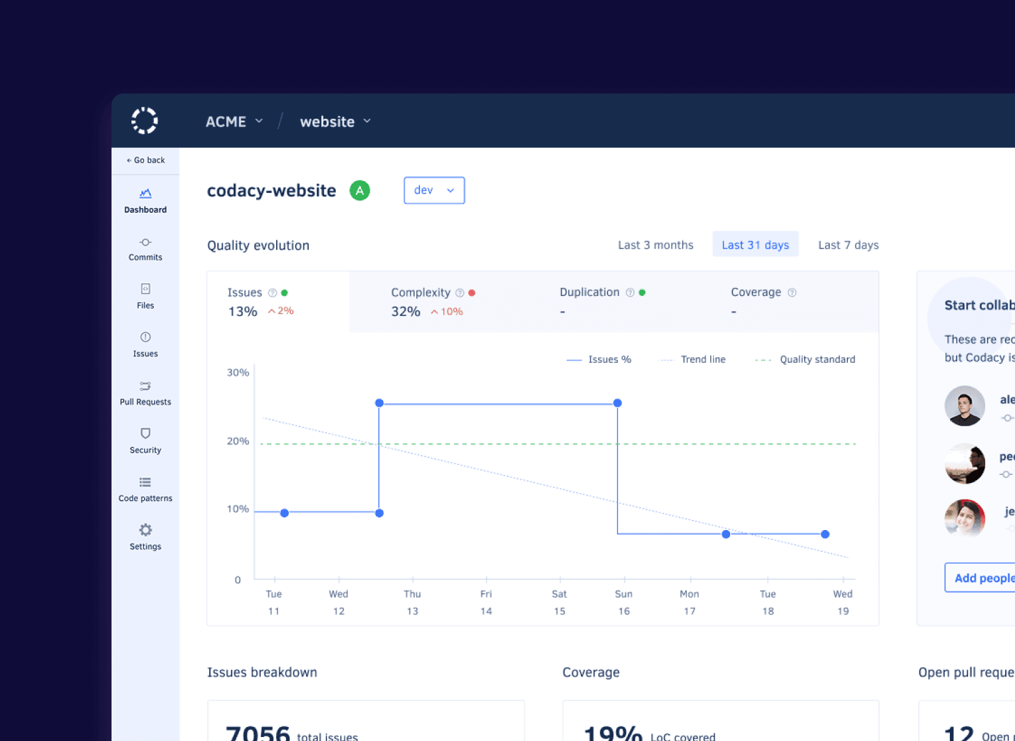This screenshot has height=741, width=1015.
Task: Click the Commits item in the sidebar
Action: tap(145, 249)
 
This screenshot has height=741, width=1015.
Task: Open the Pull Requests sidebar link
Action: tap(145, 393)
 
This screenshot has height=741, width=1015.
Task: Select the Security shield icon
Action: tap(145, 434)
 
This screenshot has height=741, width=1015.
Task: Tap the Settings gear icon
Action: tap(145, 530)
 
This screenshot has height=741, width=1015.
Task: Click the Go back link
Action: tap(145, 160)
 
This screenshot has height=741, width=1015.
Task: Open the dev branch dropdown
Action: tap(434, 190)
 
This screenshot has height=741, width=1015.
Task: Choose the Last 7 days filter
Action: tap(848, 245)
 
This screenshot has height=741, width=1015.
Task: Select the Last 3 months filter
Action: tap(655, 245)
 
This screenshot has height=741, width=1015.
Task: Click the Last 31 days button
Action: tap(755, 245)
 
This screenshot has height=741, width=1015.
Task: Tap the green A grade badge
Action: tap(360, 191)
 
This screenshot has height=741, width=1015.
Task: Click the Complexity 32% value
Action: tap(406, 312)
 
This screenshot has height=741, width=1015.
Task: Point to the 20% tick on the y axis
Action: tap(238, 441)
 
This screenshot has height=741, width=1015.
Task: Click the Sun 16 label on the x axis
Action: tap(623, 602)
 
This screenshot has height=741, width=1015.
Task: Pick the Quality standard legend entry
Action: tap(805, 360)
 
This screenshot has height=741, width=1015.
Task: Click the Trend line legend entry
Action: tap(693, 360)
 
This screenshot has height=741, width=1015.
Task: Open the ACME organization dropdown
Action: tap(234, 121)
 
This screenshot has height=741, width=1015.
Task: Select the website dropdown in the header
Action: tap(335, 121)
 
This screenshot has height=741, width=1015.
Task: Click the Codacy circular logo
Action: tap(145, 121)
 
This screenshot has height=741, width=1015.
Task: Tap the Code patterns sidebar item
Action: tap(145, 490)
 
